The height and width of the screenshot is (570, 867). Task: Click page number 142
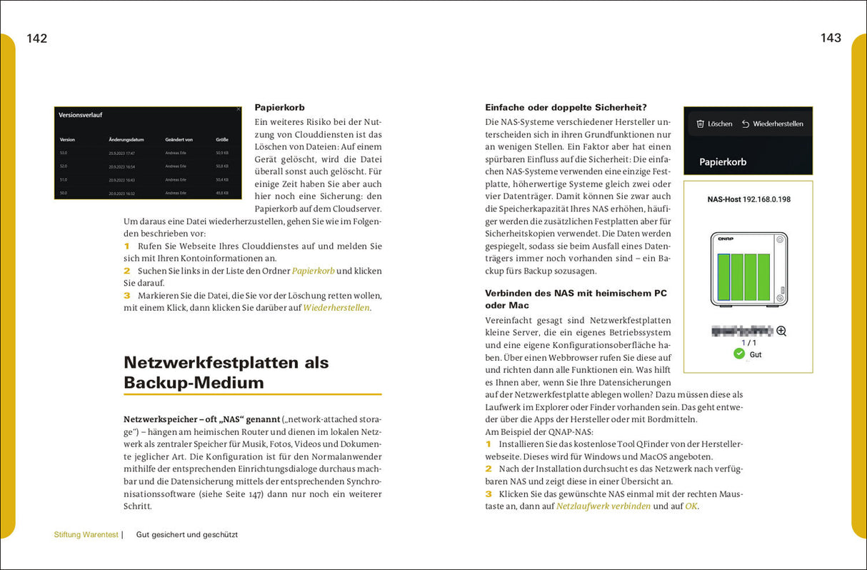click(36, 39)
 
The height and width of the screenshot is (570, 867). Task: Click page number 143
click(831, 39)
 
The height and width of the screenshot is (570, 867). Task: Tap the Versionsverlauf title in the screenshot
click(80, 114)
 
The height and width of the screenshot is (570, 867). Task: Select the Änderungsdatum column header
click(126, 140)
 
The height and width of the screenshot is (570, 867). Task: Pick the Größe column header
click(221, 140)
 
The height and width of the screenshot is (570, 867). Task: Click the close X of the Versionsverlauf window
click(239, 109)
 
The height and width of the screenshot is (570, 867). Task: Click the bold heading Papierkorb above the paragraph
click(279, 107)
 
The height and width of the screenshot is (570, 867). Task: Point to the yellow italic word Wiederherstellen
click(336, 308)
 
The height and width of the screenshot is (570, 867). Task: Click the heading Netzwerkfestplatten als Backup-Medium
click(226, 372)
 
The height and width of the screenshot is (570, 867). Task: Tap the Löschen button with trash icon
click(714, 124)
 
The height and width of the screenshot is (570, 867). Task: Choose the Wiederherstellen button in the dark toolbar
click(772, 124)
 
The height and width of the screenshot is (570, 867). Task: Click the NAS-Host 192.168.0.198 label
click(748, 199)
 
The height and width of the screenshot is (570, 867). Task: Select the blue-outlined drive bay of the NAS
click(723, 277)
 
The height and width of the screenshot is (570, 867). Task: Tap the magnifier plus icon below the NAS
click(781, 331)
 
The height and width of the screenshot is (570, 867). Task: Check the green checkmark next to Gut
click(739, 354)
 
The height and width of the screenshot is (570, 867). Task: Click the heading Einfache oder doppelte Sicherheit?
click(566, 107)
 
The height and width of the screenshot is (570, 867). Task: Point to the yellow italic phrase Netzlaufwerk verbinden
click(603, 506)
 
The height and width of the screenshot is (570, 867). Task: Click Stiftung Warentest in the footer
click(86, 534)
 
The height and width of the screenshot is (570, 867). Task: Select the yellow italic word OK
click(691, 506)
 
